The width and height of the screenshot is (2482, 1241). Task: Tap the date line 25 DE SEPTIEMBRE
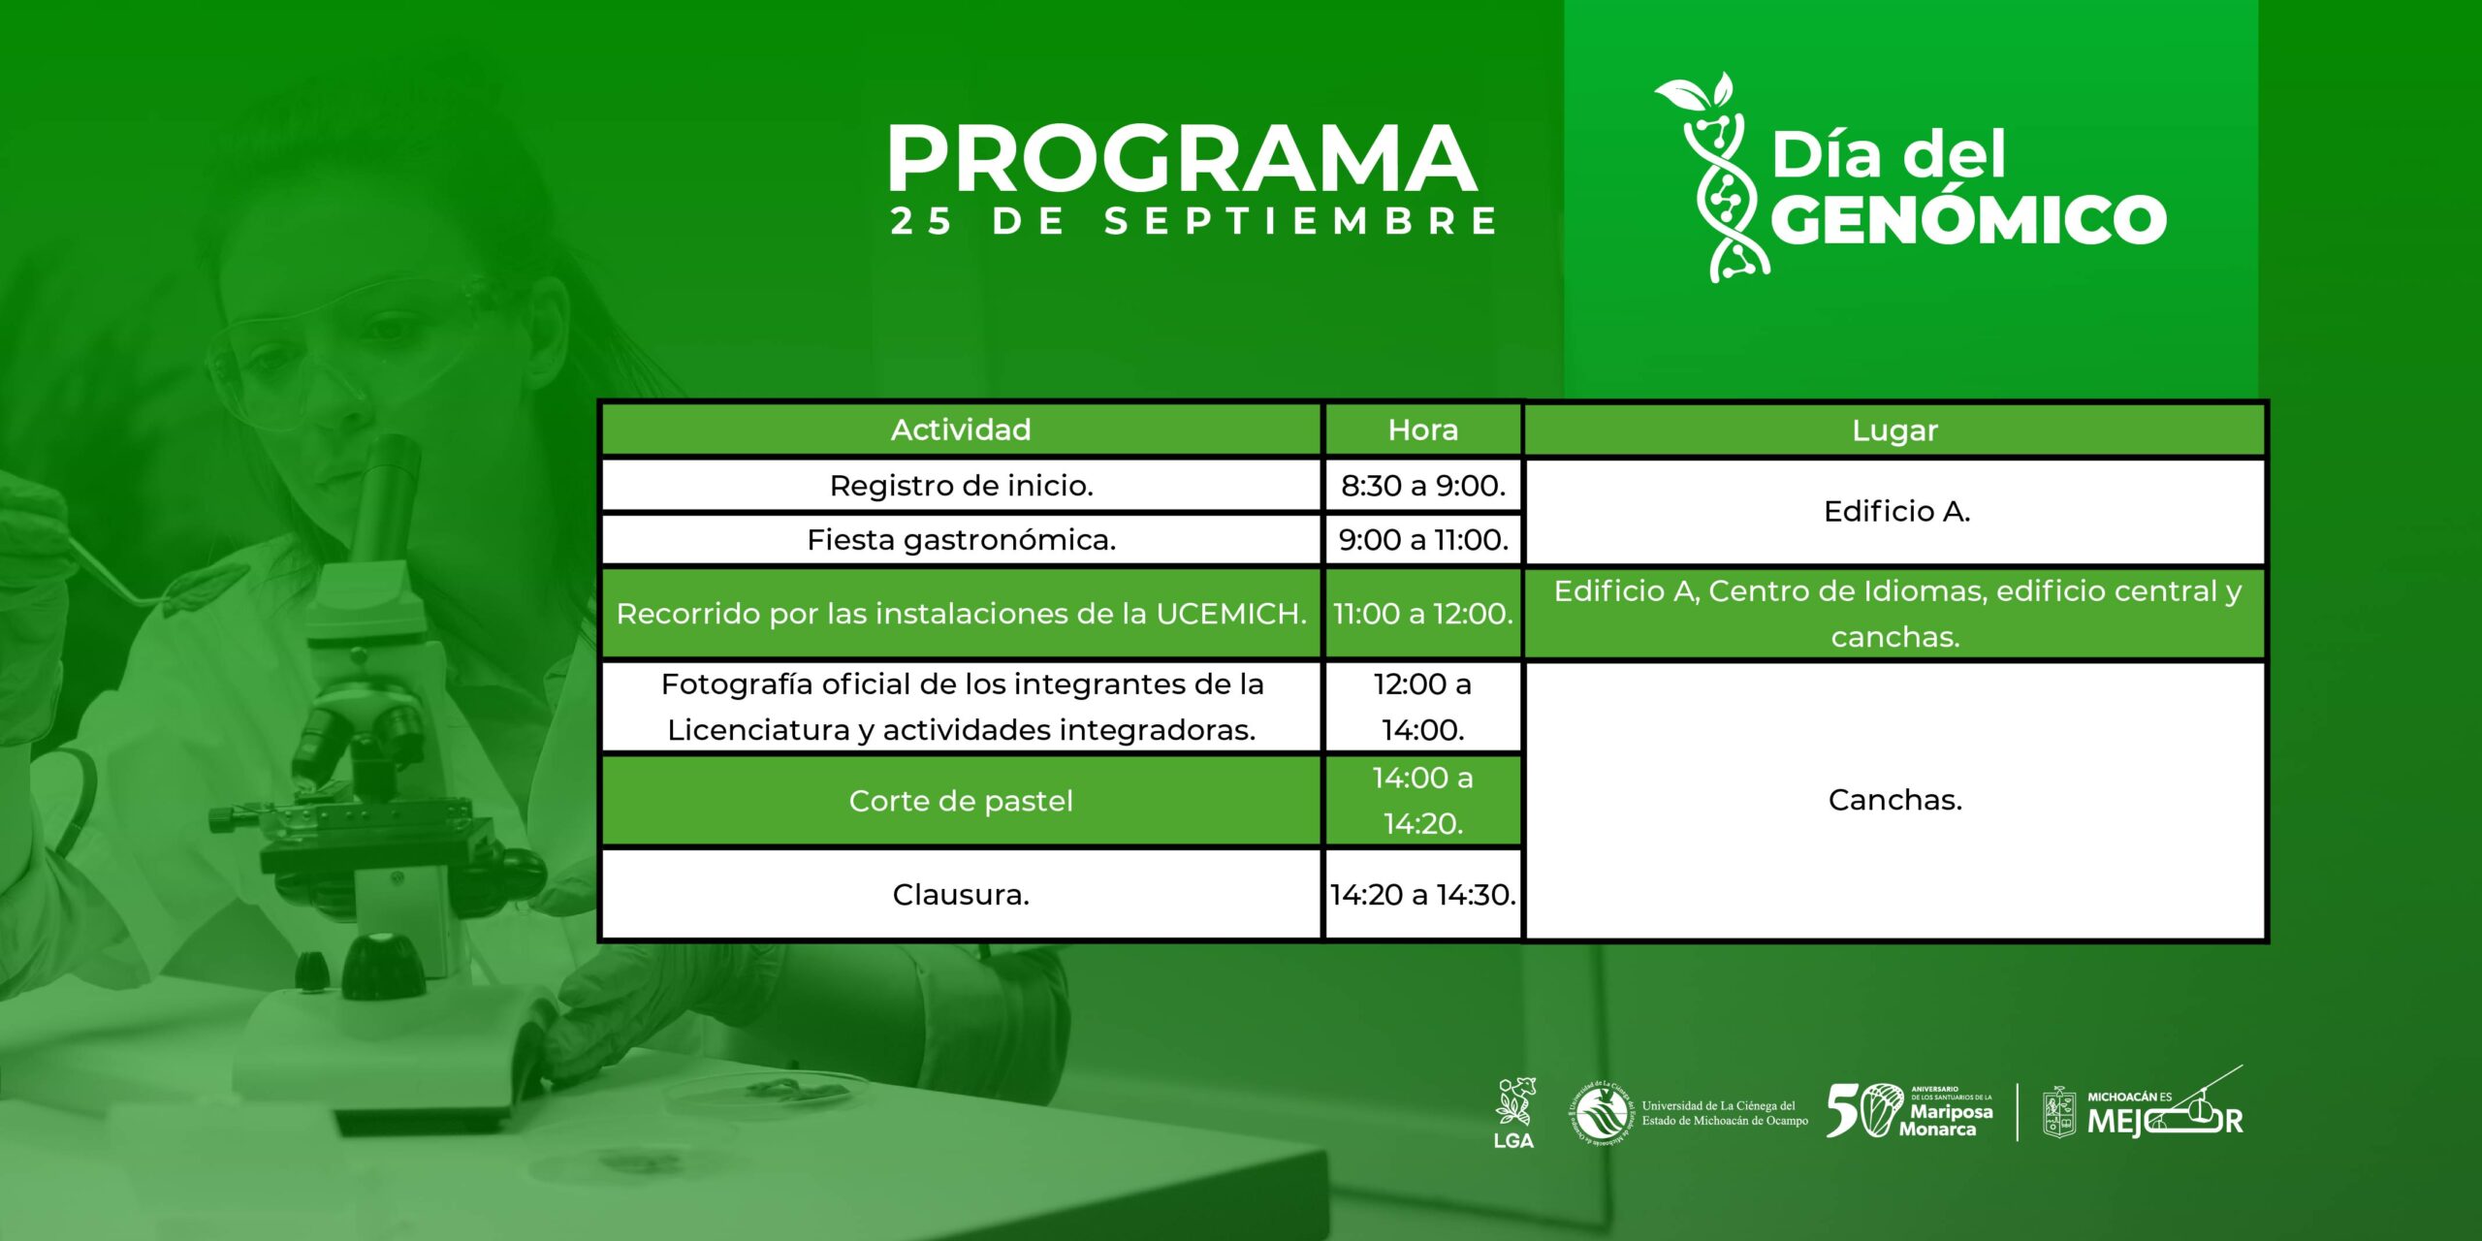coord(1193,220)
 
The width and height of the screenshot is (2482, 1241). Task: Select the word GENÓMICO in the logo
coord(1969,218)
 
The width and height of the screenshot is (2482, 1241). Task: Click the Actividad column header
coord(961,430)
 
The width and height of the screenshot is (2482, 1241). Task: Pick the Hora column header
coord(1422,430)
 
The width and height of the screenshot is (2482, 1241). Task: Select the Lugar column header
coord(1894,430)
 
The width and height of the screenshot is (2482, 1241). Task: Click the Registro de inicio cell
coord(961,485)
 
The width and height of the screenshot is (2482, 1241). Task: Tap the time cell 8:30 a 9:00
coord(1422,485)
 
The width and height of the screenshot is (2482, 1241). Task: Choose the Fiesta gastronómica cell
coord(961,539)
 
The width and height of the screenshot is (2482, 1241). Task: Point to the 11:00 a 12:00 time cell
coord(1422,613)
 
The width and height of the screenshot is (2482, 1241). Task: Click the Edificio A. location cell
coord(1895,511)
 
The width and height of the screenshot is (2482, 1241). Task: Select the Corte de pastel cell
coord(961,800)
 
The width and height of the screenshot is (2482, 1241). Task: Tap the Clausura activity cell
coord(961,894)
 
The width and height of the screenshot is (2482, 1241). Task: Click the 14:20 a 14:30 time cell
coord(1422,894)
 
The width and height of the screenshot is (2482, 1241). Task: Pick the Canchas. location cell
coord(1895,800)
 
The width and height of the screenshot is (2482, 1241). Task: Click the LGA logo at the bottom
coord(1513,1112)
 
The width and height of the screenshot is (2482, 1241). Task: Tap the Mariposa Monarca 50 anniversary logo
coord(1910,1111)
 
